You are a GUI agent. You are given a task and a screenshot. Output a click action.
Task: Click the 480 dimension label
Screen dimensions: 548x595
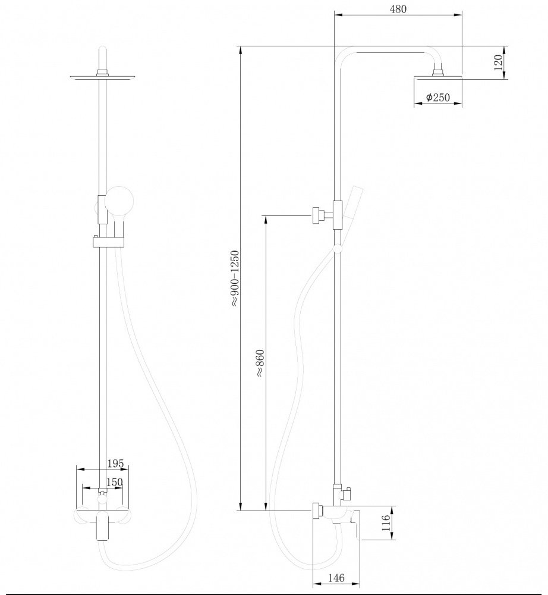(398, 9)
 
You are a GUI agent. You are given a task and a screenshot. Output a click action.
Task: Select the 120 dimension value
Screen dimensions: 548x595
(498, 62)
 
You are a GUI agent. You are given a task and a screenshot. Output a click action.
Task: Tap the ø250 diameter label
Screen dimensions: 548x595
(437, 97)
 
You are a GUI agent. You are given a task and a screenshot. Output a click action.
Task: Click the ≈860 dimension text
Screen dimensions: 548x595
(260, 363)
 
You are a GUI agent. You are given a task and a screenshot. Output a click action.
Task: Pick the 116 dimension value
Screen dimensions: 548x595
(386, 522)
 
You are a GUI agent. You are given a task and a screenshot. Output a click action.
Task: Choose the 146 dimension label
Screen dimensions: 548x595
(336, 578)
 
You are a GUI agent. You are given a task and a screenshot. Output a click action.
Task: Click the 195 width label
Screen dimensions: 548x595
(115, 464)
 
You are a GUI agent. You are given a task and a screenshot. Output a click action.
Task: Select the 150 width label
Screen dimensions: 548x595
(115, 481)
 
